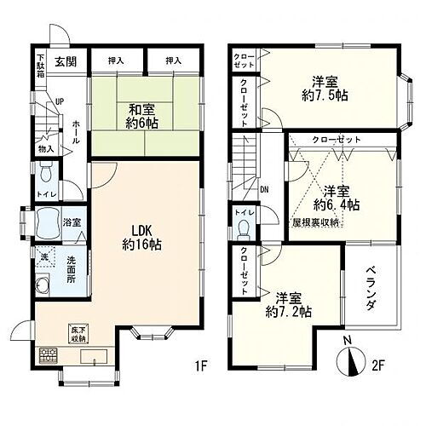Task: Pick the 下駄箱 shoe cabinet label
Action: coord(41,65)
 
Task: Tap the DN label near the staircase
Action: coord(264,189)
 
